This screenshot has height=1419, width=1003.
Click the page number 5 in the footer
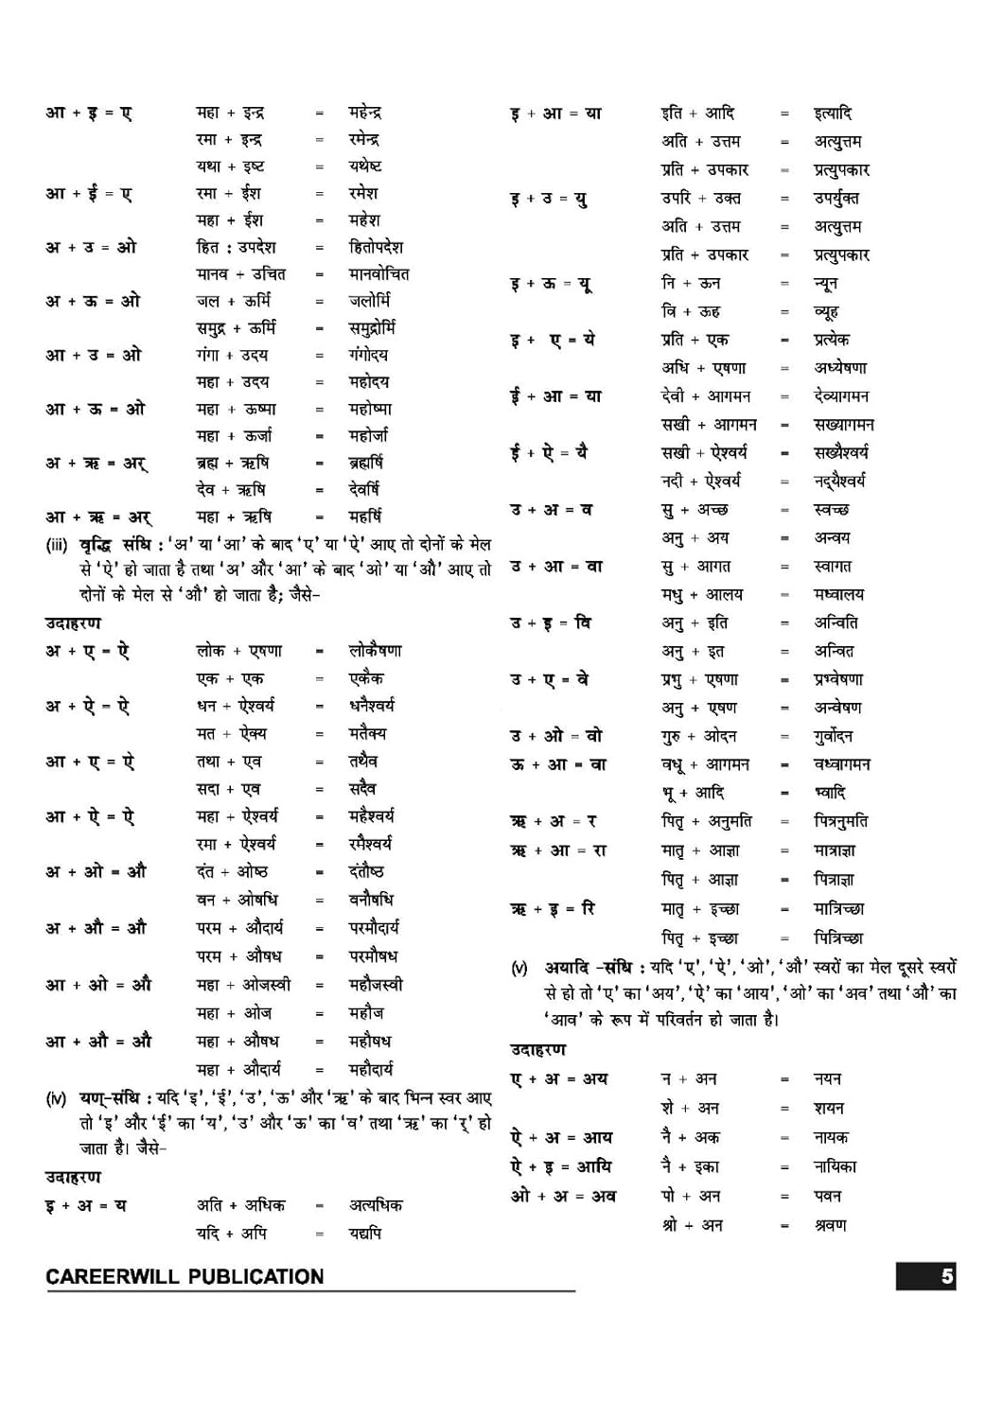946,1276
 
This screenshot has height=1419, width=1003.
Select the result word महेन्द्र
364,113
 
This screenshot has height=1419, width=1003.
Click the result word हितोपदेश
375,247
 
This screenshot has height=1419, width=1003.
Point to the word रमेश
363,193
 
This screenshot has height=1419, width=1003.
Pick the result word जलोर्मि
369,301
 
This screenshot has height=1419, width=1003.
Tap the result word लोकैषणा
375,651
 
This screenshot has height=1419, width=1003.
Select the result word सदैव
362,788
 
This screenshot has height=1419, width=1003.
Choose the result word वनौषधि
371,899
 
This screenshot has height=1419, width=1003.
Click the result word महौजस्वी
376,984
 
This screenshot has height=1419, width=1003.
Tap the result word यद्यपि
365,1233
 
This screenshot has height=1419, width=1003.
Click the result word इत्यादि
833,114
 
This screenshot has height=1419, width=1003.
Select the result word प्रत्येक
832,340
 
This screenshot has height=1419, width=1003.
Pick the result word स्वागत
833,566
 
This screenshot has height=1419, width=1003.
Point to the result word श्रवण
831,1225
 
